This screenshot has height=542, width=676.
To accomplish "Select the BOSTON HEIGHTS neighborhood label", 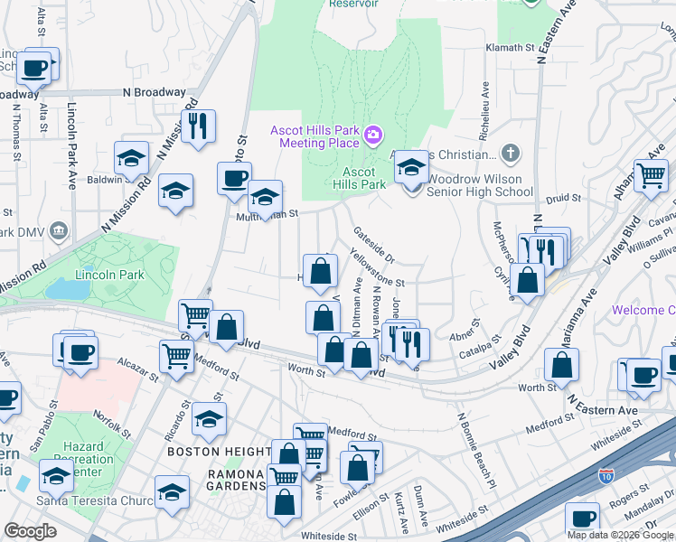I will pyautogui.click(x=218, y=450).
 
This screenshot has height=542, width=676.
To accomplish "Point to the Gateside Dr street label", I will pyautogui.click(x=374, y=243).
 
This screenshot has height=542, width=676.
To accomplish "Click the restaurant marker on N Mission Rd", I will pyautogui.click(x=197, y=126).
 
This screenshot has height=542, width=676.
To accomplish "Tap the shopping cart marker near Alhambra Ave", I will pyautogui.click(x=650, y=175).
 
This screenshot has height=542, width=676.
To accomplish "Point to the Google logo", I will pyautogui.click(x=30, y=531).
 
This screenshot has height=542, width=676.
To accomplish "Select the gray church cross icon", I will pyautogui.click(x=512, y=152).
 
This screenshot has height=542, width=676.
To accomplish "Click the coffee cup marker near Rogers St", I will pyautogui.click(x=582, y=519).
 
